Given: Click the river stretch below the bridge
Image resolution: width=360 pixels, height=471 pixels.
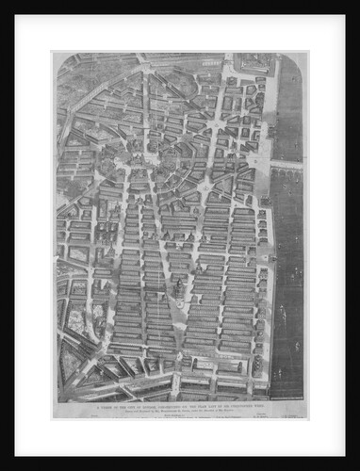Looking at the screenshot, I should tap(288, 283).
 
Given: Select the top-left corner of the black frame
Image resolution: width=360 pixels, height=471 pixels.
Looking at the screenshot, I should tap(3, 3).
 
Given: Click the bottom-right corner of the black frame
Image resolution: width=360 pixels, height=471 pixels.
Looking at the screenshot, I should tap(356, 467).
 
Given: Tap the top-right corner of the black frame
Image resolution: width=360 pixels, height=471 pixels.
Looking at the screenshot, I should tap(356, 3).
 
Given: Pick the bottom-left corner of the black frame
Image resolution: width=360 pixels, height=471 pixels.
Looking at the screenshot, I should tap(3, 467).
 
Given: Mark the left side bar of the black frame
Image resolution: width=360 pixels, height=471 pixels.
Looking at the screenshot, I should tap(7, 235).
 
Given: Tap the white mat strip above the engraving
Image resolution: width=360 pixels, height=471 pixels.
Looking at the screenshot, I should tap(179, 33).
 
